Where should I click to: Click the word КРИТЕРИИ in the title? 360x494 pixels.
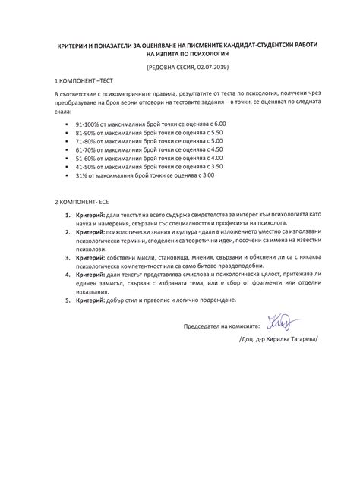tap(73, 46)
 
